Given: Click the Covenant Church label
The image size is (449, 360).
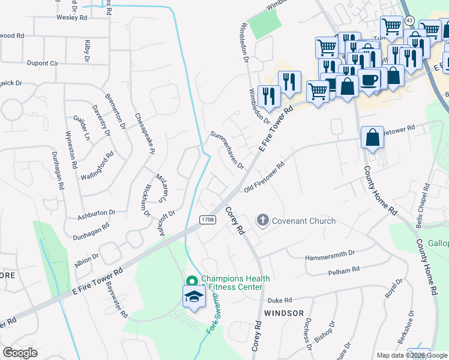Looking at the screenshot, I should coord(304,221).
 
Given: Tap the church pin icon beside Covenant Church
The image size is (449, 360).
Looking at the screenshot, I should coord(262,221).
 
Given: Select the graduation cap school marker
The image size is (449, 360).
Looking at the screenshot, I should coord(194,297).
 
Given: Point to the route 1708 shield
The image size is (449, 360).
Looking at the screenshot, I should coord(208,221).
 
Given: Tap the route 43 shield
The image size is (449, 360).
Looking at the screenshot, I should coord(409,20).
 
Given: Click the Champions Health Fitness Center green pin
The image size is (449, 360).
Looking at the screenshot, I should coord(191,281).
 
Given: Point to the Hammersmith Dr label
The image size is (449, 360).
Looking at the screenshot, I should coord(331,254).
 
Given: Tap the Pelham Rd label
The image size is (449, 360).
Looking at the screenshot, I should coord(343,271).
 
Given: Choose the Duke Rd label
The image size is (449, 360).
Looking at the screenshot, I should coord(279,300).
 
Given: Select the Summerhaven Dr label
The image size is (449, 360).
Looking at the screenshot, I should coord(226,150).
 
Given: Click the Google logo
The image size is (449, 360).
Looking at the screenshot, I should coord(20,353).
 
